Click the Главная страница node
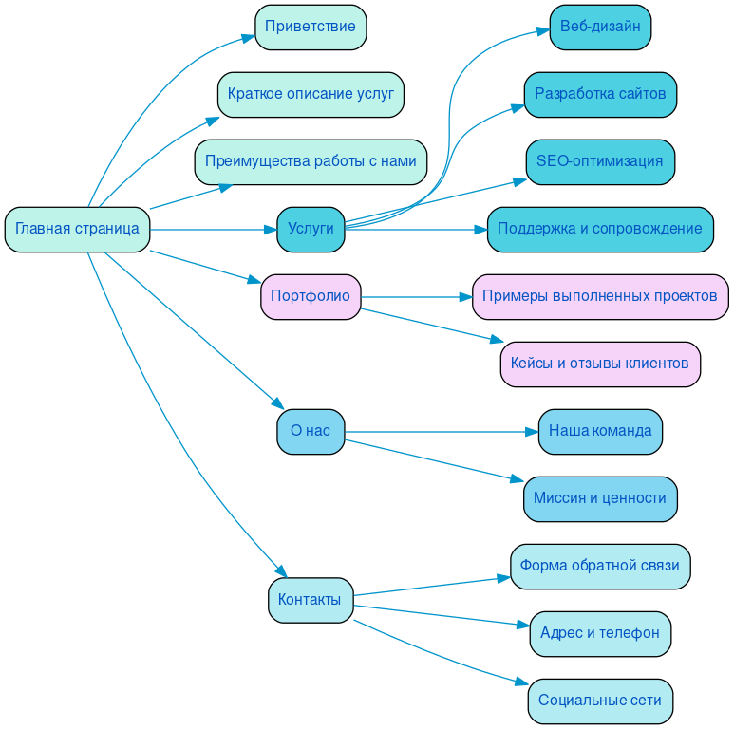pos(77,229)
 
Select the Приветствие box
pos(311,27)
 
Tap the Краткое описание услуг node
pos(311,94)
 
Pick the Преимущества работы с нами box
pos(311,161)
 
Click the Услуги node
pos(311,229)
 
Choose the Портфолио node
pos(311,296)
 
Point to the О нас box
pos(311,431)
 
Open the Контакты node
pos(311,600)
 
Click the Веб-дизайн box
pos(600,27)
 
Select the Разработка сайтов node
pos(600,94)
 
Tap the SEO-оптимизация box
pos(600,161)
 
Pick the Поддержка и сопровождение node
pos(600,229)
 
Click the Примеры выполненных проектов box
pos(600,296)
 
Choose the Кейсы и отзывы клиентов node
pos(600,364)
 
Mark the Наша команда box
pos(600,431)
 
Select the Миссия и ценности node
pos(600,498)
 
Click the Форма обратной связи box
pos(600,566)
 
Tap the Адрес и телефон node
pos(600,633)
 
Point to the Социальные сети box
pos(600,701)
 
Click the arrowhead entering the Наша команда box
pos(531,432)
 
